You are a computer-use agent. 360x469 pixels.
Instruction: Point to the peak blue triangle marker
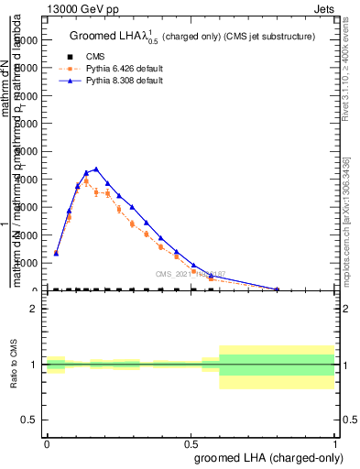point(96,169)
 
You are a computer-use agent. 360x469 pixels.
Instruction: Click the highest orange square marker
point(86,181)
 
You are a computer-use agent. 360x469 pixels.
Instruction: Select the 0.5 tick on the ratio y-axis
point(30,420)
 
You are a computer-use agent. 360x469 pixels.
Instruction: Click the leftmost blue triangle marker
point(56,253)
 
